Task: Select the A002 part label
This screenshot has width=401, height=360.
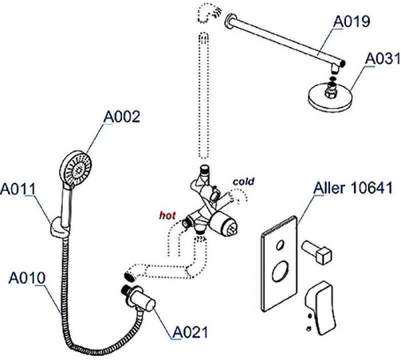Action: point(121,117)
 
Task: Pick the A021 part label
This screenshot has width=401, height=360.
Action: point(190,331)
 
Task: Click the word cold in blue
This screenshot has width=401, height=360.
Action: point(243,181)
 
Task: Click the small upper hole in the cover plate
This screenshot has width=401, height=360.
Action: point(278,246)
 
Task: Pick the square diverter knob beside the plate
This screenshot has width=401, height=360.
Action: point(322,253)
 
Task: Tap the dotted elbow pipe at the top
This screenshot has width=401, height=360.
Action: point(206,12)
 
